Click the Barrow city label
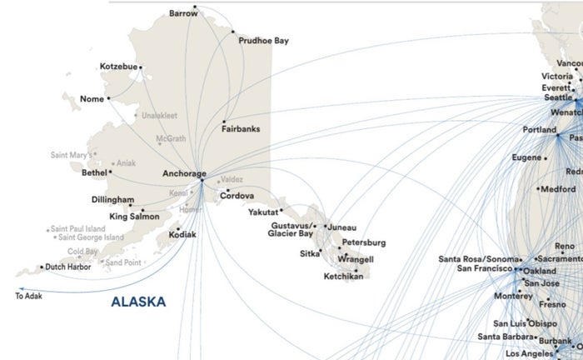tap(183, 14)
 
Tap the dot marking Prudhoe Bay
tap(233, 32)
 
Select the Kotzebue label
tap(117, 67)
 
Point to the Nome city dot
tap(108, 98)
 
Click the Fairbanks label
tap(241, 129)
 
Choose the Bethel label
tap(94, 173)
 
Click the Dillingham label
tap(112, 200)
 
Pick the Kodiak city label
tap(182, 235)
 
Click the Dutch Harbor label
tap(67, 267)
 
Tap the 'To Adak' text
tap(28, 296)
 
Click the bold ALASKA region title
tap(138, 301)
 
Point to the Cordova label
tap(237, 196)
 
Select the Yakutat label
tap(263, 212)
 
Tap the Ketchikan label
tap(343, 276)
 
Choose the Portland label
tap(540, 131)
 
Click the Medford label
tap(557, 189)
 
